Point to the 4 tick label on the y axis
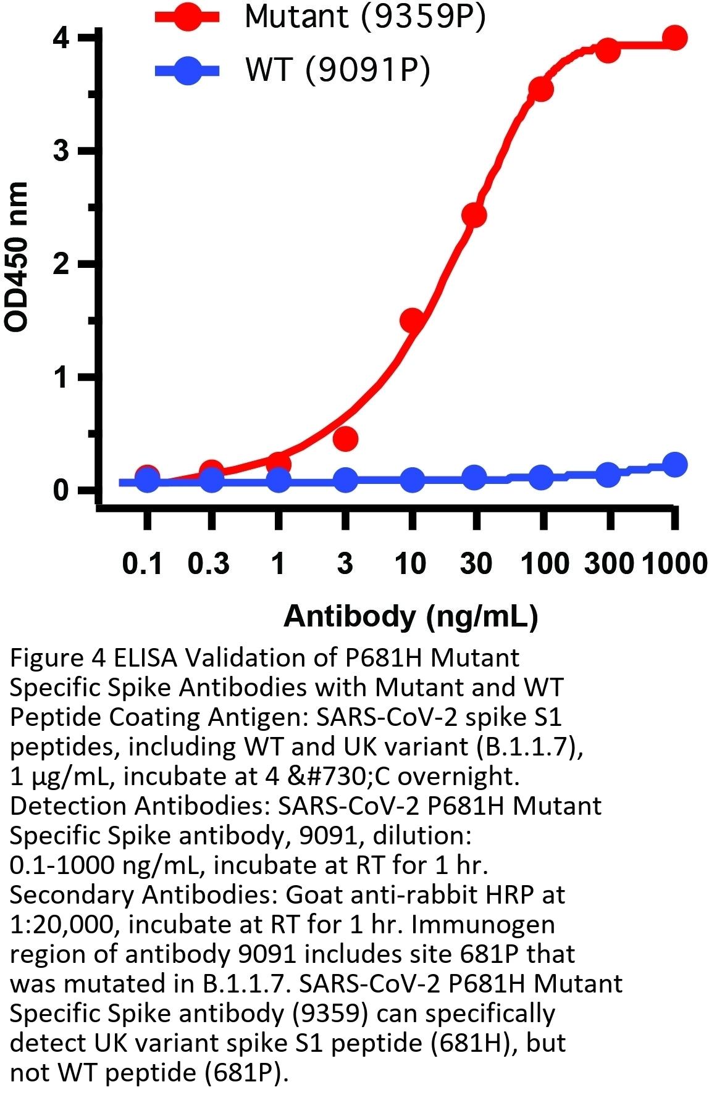tap(61, 39)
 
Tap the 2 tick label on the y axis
tap(61, 264)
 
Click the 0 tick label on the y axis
tap(61, 491)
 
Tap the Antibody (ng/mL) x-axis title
tap(411, 616)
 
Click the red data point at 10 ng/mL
tap(412, 320)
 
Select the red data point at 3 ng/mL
tap(345, 438)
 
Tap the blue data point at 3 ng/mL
tap(345, 479)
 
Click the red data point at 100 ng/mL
tap(541, 89)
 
